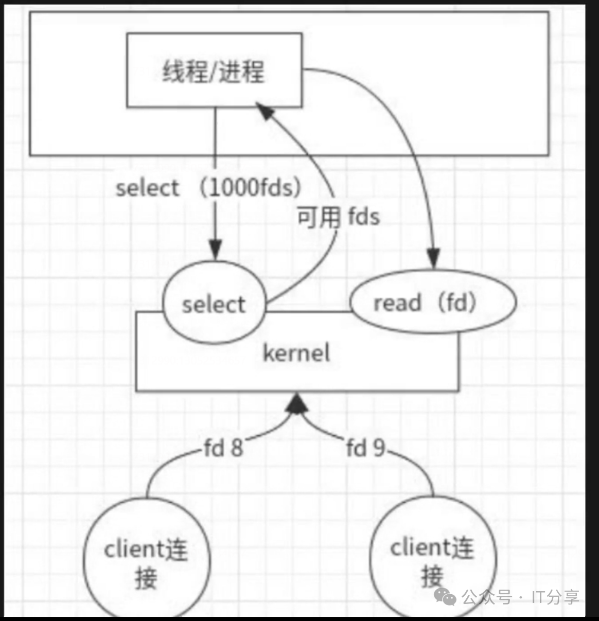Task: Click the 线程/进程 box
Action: point(214,70)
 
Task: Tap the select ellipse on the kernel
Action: point(214,304)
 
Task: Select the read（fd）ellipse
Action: point(432,303)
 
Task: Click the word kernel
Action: point(296,353)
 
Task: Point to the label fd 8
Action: point(223,448)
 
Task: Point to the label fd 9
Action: point(365,448)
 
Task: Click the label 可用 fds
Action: point(338,217)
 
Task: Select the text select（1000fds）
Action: point(208,188)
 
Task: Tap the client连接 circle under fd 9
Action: point(432,561)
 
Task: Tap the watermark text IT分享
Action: point(555,597)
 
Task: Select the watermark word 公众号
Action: point(487,597)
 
